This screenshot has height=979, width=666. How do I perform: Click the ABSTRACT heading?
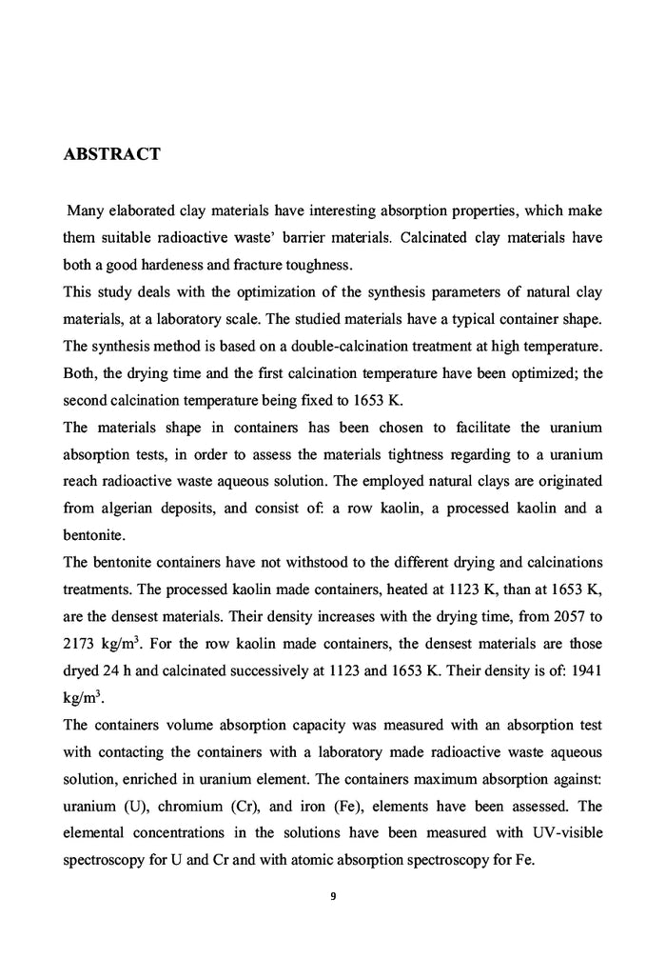click(111, 154)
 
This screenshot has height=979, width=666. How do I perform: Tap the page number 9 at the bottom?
click(333, 894)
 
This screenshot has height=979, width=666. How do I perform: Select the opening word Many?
click(87, 209)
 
